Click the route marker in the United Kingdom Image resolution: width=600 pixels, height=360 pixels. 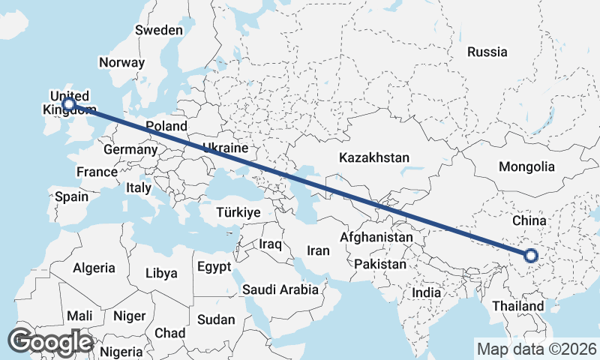coord(69,104)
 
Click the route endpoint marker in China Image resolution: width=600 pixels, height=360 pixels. coord(531,256)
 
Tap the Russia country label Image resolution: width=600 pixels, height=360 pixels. coord(487,52)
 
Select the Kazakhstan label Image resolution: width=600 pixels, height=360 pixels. coord(373,158)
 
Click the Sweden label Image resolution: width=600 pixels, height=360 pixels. coord(158,30)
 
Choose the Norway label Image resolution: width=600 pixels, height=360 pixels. coord(121,63)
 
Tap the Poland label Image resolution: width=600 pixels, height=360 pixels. coord(166,126)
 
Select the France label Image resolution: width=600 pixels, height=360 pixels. coord(97,172)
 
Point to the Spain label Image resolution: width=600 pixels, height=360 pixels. coord(71,197)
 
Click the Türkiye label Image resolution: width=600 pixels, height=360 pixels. coord(238,212)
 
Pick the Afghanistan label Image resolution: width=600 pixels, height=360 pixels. coord(376,237)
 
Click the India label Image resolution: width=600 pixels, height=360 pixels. coord(426,292)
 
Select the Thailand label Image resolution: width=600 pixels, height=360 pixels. coord(518,307)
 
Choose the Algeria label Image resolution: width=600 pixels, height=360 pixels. coord(94,268)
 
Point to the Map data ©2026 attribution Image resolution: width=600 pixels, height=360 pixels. coord(536,349)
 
